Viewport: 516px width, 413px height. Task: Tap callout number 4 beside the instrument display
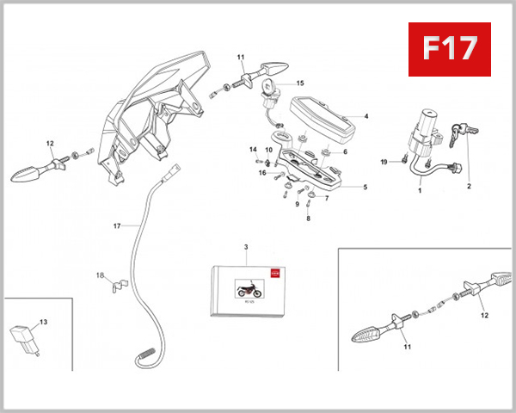tap(365, 116)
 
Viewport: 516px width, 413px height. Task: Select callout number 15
tap(301, 83)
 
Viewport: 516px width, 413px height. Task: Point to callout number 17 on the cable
tap(117, 225)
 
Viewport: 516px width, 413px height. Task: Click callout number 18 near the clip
tap(100, 275)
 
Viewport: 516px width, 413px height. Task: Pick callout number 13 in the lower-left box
tap(43, 321)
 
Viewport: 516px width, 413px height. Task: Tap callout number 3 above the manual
tap(246, 247)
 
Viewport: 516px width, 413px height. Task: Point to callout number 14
tap(253, 150)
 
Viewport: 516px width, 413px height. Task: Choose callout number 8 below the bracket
tap(308, 219)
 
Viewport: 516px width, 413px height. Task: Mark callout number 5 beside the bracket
tap(365, 187)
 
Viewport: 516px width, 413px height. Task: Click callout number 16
tap(262, 173)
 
